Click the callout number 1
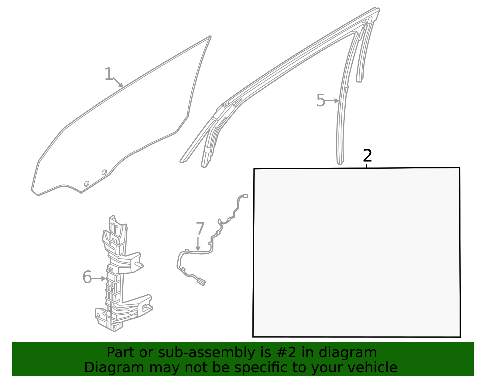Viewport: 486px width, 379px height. pos(108,74)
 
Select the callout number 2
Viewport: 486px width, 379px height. pos(367,156)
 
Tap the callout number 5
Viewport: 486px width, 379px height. pos(320,100)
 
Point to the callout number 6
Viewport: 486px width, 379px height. pos(87,277)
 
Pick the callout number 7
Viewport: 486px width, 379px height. pos(200,228)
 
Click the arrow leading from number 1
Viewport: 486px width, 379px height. pos(118,83)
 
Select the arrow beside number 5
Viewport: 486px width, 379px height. pos(332,101)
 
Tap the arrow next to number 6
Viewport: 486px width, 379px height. pos(99,278)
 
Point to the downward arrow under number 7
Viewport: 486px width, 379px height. pos(198,244)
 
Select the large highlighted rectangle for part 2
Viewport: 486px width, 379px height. pos(357,252)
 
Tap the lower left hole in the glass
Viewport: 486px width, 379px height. pos(87,184)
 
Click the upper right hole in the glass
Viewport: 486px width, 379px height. pos(104,172)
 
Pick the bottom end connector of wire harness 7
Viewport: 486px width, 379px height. pos(201,282)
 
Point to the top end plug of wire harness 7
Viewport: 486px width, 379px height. pos(245,196)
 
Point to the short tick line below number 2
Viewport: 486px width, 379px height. pos(367,166)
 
